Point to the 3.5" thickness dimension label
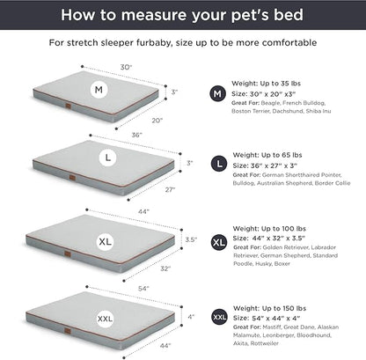[x=193, y=238]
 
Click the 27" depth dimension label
[x=169, y=189]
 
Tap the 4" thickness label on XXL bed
[x=191, y=315]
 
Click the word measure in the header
[x=179, y=15]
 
